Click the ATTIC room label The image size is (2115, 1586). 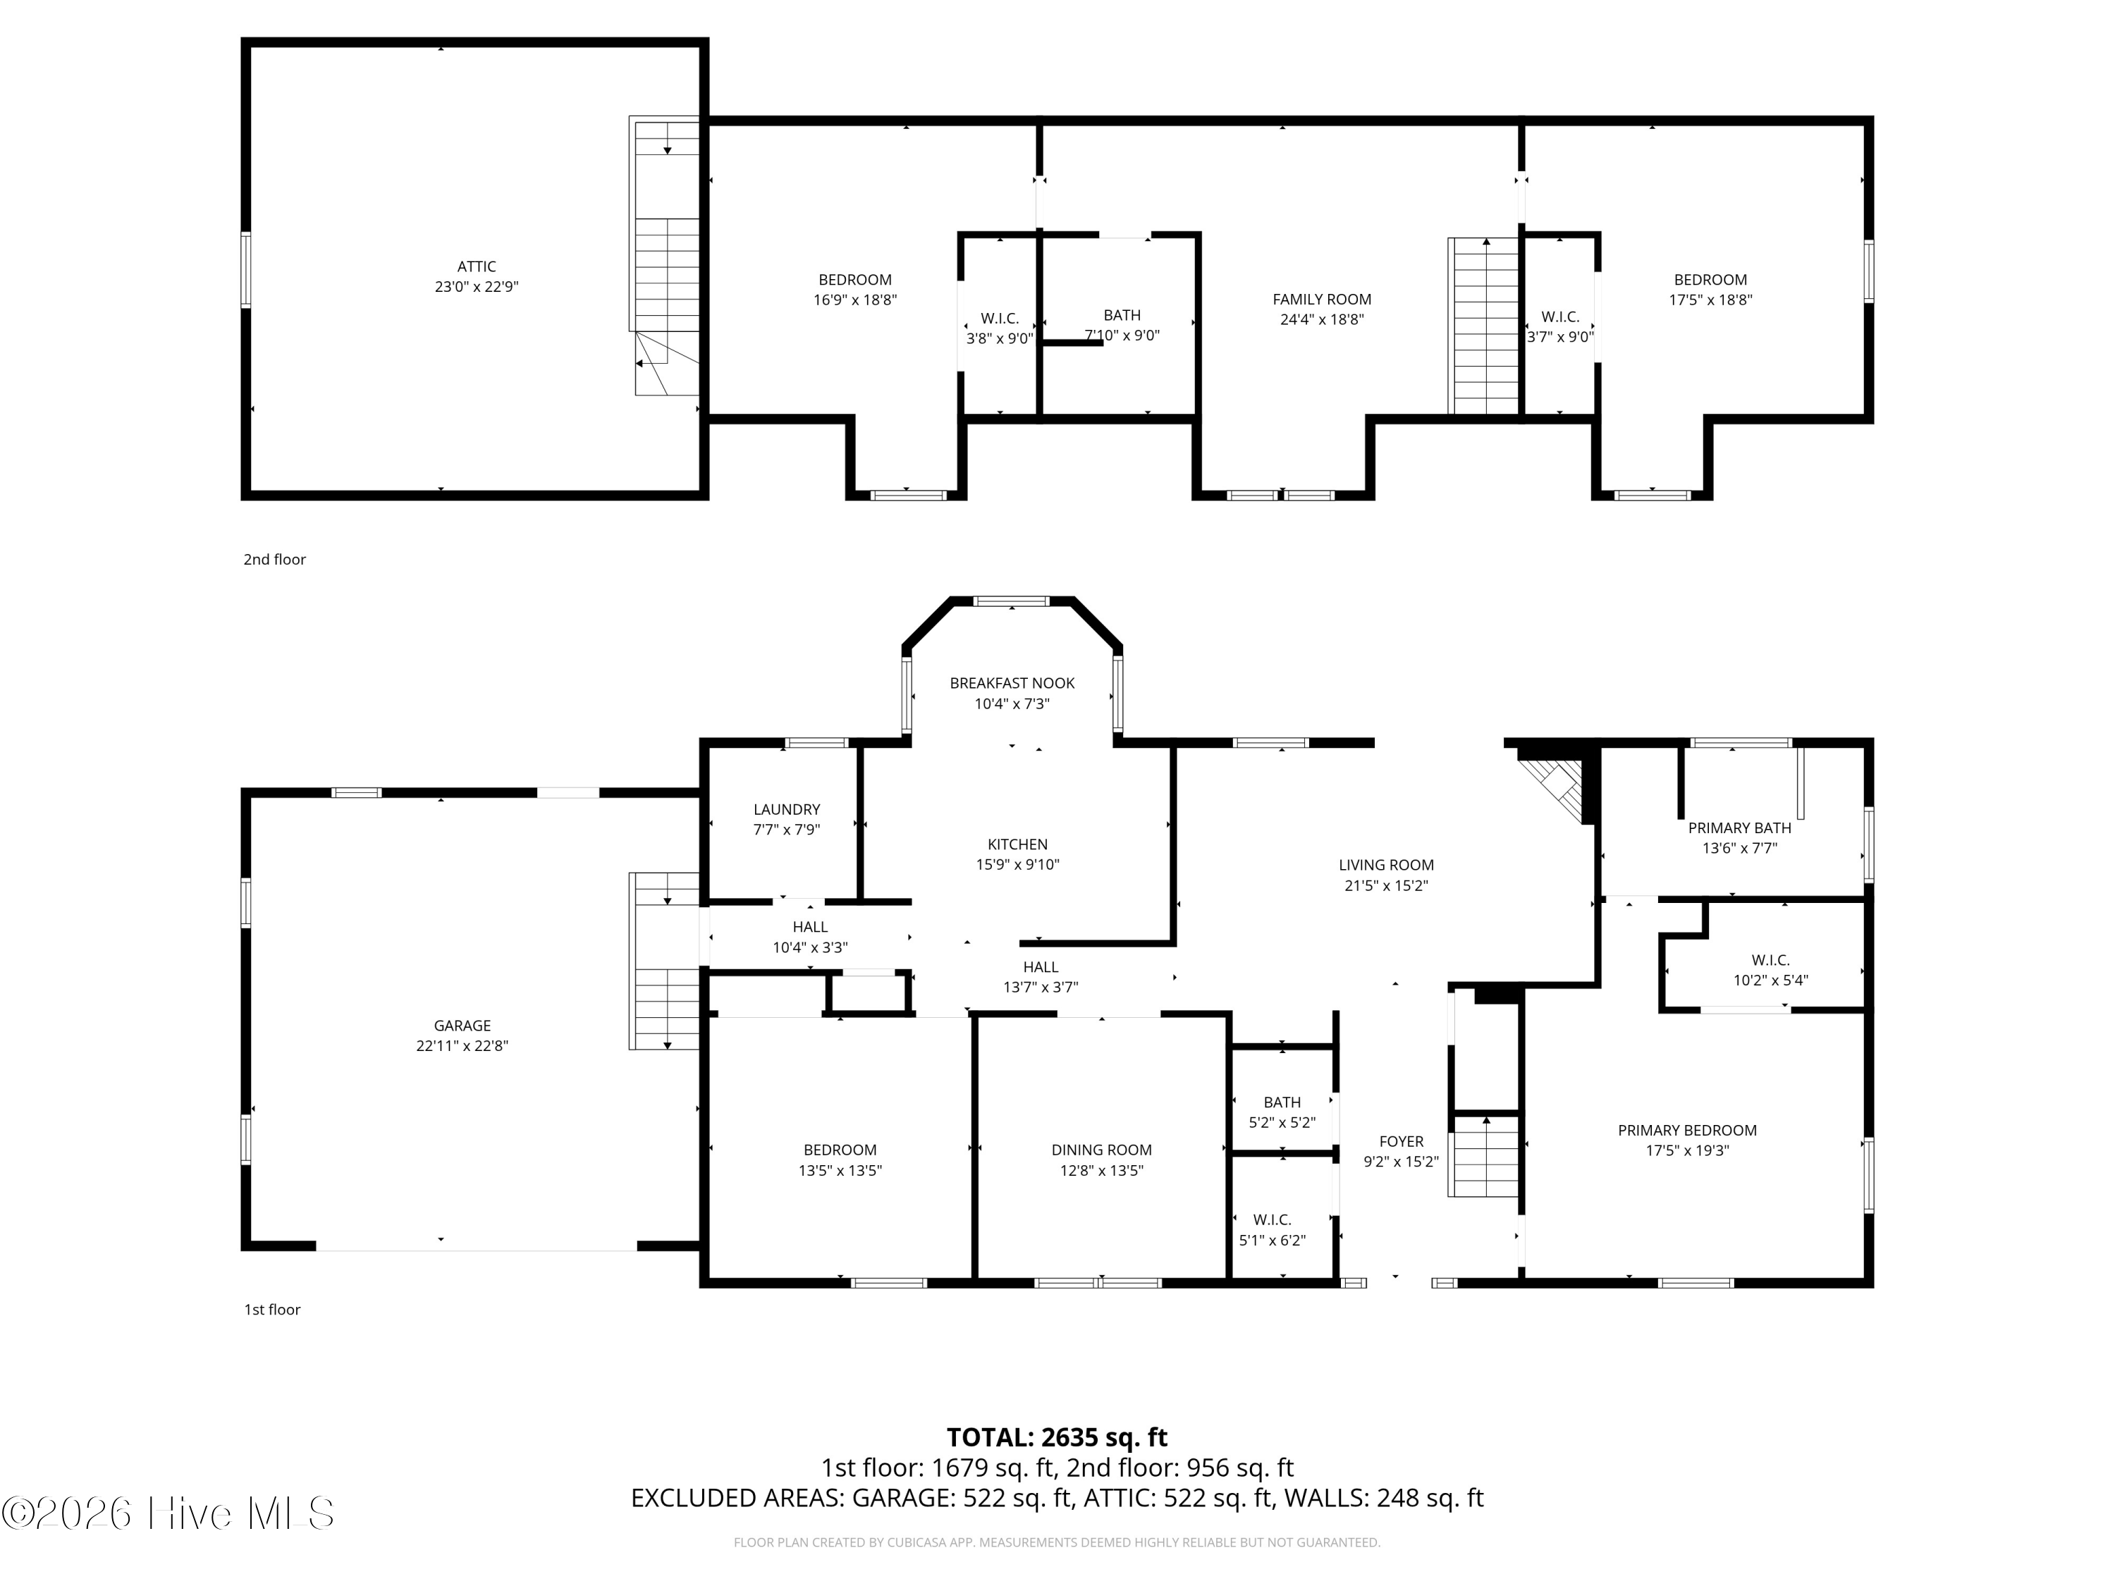click(x=476, y=266)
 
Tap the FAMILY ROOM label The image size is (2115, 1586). click(x=1321, y=300)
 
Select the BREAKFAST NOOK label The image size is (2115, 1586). click(x=1012, y=682)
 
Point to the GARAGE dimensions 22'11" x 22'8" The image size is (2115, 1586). click(x=462, y=1046)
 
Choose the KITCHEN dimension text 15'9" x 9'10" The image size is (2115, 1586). click(x=1017, y=864)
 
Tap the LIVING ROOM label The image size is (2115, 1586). click(x=1385, y=865)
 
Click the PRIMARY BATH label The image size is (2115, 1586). click(x=1739, y=828)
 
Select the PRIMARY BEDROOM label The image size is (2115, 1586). click(x=1686, y=1130)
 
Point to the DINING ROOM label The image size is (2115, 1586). click(x=1101, y=1150)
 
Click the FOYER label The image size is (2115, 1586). click(x=1401, y=1141)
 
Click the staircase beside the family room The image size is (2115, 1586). click(x=1485, y=326)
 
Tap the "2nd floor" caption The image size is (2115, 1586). click(x=274, y=559)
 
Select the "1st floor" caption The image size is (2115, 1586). click(x=273, y=1310)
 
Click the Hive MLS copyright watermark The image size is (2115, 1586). click(x=168, y=1513)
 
